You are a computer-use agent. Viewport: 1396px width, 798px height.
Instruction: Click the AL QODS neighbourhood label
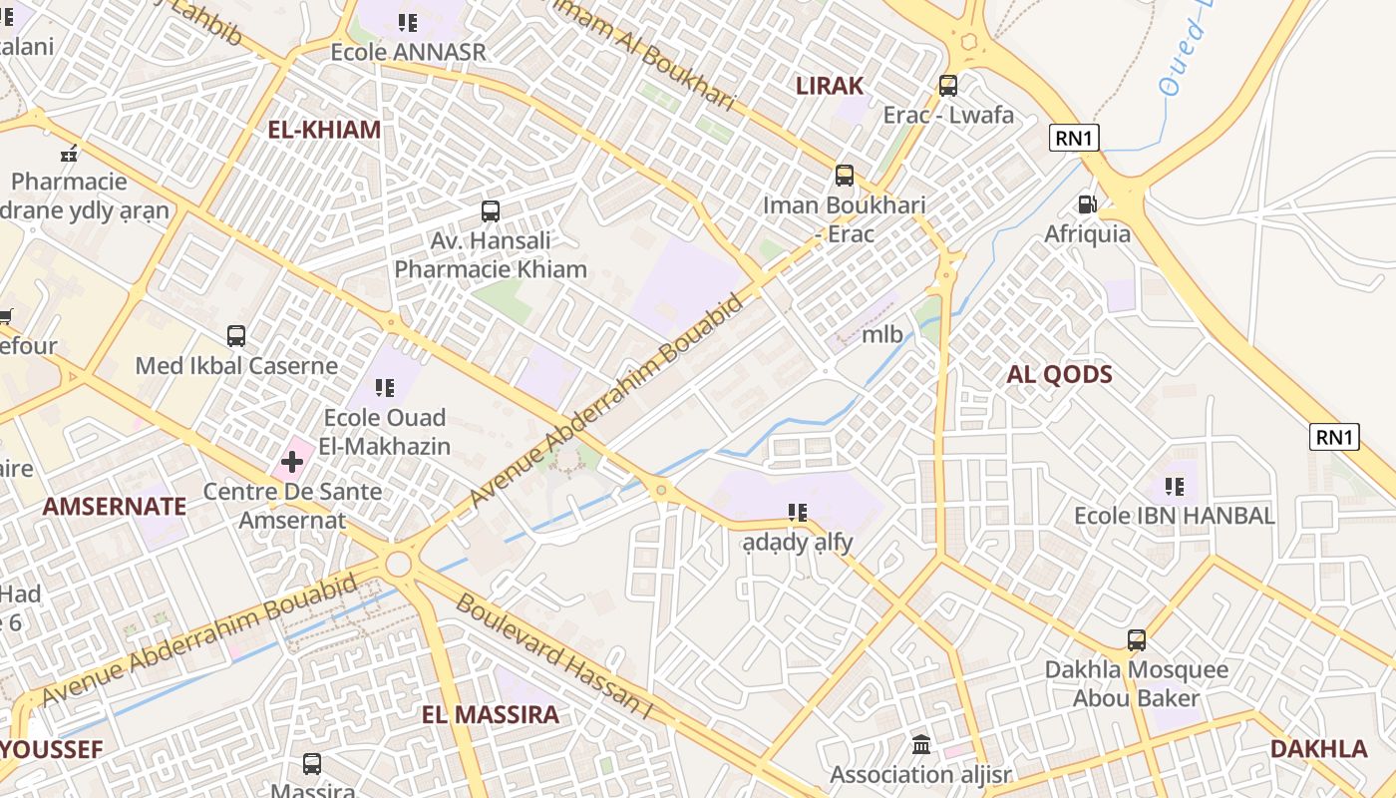pyautogui.click(x=1059, y=374)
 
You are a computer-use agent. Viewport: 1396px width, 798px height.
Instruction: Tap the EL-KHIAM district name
pyautogui.click(x=324, y=130)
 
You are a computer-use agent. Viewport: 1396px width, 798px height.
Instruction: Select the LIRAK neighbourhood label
pyautogui.click(x=829, y=86)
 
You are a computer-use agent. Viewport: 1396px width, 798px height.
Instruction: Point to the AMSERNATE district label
pyautogui.click(x=114, y=506)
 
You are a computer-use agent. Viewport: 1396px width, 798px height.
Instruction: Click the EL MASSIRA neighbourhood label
pyautogui.click(x=490, y=714)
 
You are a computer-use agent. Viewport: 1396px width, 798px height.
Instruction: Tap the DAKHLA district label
pyautogui.click(x=1318, y=749)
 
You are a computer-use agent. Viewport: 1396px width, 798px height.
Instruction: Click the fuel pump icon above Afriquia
pyautogui.click(x=1087, y=204)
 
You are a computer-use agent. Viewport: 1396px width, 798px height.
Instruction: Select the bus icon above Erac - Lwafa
pyautogui.click(x=947, y=86)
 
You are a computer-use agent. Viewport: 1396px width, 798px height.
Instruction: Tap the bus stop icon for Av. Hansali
pyautogui.click(x=490, y=210)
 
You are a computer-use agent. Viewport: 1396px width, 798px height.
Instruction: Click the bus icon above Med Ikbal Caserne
pyautogui.click(x=235, y=336)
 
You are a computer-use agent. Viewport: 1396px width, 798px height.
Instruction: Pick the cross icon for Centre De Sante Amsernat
pyautogui.click(x=291, y=462)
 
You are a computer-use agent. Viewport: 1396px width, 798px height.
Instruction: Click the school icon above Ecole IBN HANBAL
pyautogui.click(x=1174, y=487)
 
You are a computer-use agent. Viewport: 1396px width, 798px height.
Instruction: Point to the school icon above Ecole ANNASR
pyautogui.click(x=407, y=22)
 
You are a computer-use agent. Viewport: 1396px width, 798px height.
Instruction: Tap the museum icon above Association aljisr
pyautogui.click(x=920, y=744)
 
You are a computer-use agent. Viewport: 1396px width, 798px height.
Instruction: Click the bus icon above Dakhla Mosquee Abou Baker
pyautogui.click(x=1136, y=640)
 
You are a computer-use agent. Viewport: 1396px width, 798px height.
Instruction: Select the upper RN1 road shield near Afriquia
pyautogui.click(x=1073, y=138)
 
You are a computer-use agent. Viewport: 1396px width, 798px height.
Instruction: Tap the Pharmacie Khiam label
pyautogui.click(x=490, y=268)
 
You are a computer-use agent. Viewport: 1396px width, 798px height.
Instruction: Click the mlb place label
pyautogui.click(x=881, y=334)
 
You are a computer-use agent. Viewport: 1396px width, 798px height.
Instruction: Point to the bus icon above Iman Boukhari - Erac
pyautogui.click(x=844, y=176)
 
